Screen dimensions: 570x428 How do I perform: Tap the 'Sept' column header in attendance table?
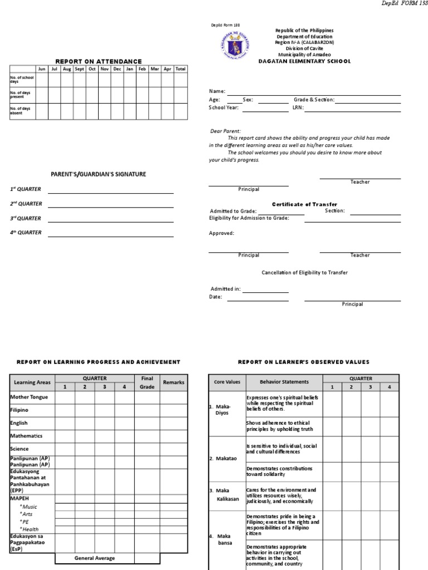point(80,69)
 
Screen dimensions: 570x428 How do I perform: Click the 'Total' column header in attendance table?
point(180,69)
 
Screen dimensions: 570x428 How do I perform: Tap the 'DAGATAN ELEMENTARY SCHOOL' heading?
point(305,61)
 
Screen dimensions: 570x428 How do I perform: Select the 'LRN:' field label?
point(298,108)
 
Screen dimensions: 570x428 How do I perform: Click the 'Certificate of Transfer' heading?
point(304,204)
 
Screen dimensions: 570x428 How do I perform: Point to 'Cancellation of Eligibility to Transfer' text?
point(304,272)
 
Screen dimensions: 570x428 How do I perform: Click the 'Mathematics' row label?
point(26,436)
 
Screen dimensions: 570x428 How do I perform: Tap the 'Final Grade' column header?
point(147,382)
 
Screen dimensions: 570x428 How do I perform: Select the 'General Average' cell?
point(95,558)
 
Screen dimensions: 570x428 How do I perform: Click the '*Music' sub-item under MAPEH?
point(28,507)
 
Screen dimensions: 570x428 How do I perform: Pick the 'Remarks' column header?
point(173,382)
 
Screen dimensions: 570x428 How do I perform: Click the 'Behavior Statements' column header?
point(284,382)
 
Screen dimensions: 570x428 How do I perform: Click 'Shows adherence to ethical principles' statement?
point(275,425)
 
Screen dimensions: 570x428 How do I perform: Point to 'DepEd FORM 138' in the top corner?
point(404,4)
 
